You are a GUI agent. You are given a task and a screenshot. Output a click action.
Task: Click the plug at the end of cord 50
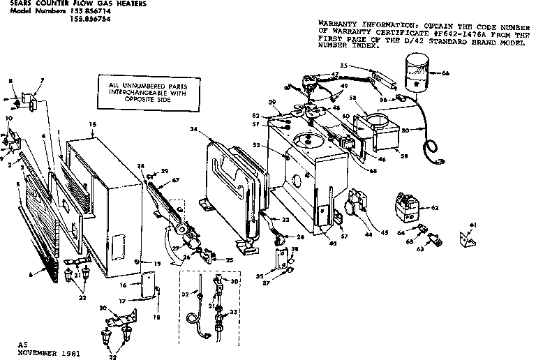coord(438,160)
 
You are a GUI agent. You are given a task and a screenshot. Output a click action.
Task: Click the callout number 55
coord(344,65)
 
